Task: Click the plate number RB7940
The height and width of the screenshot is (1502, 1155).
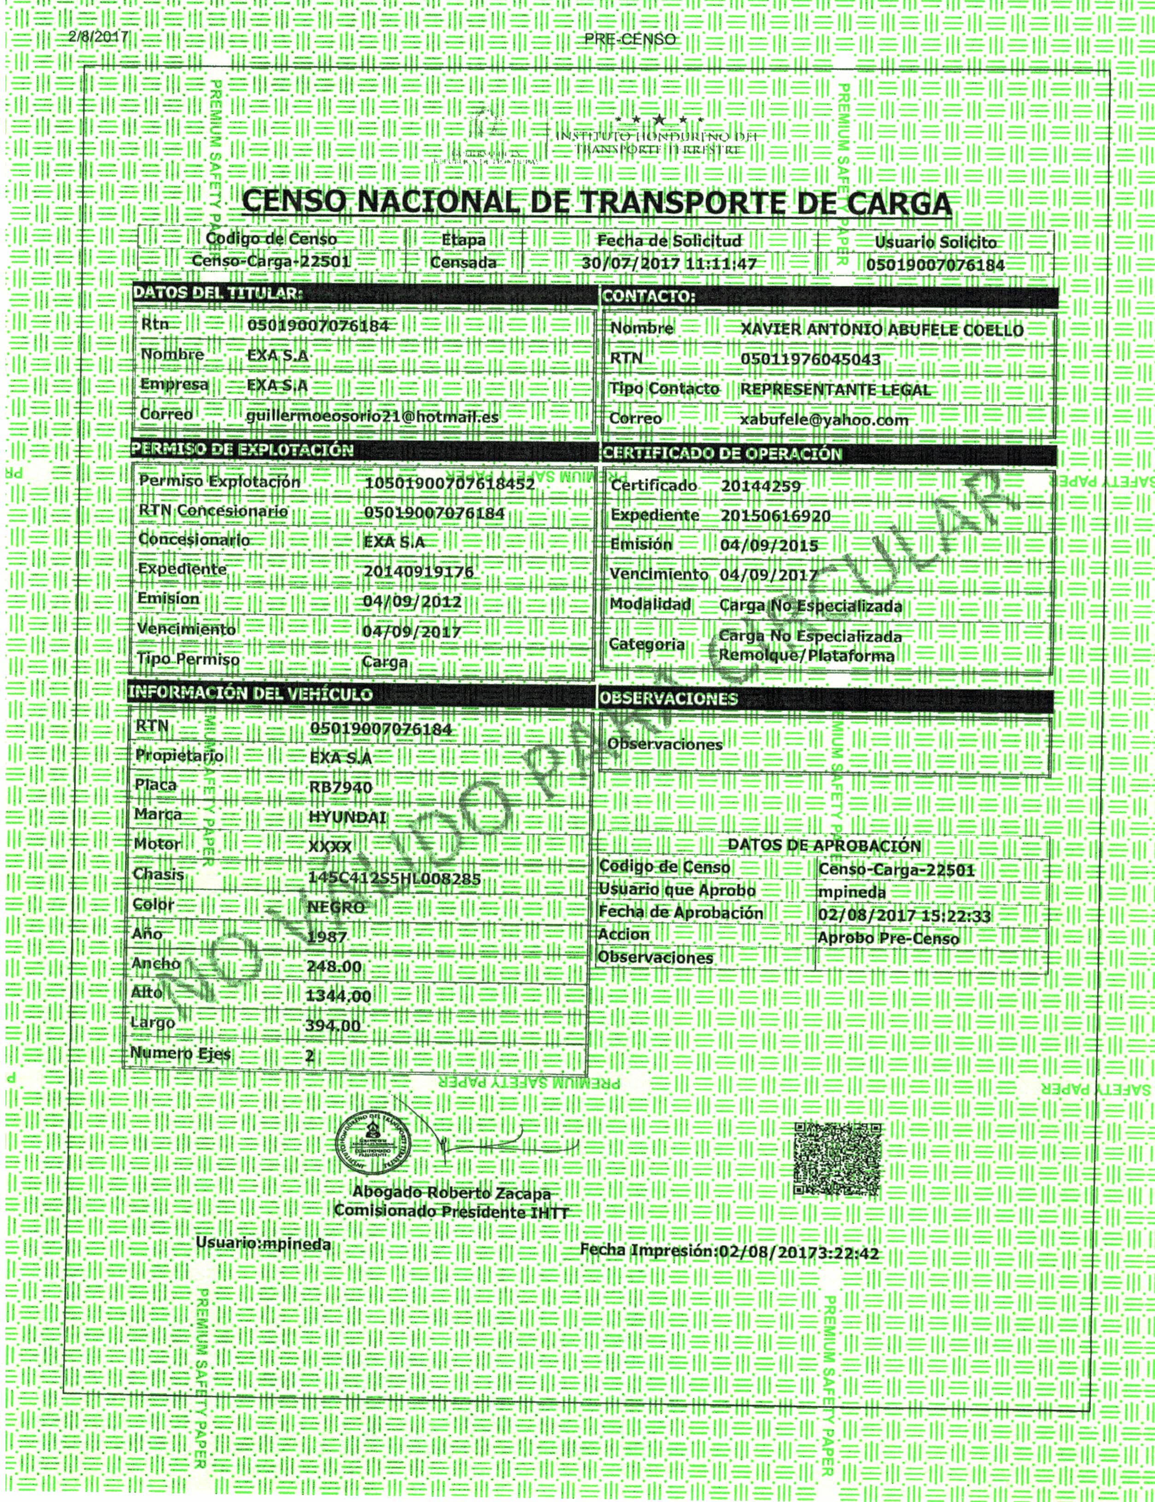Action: click(341, 787)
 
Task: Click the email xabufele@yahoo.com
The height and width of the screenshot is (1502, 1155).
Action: click(824, 420)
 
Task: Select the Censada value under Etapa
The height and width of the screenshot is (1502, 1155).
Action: click(463, 262)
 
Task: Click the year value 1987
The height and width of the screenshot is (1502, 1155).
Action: click(327, 937)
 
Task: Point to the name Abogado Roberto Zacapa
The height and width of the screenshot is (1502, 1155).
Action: click(451, 1193)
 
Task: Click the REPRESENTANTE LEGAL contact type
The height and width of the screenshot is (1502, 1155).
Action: click(835, 390)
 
